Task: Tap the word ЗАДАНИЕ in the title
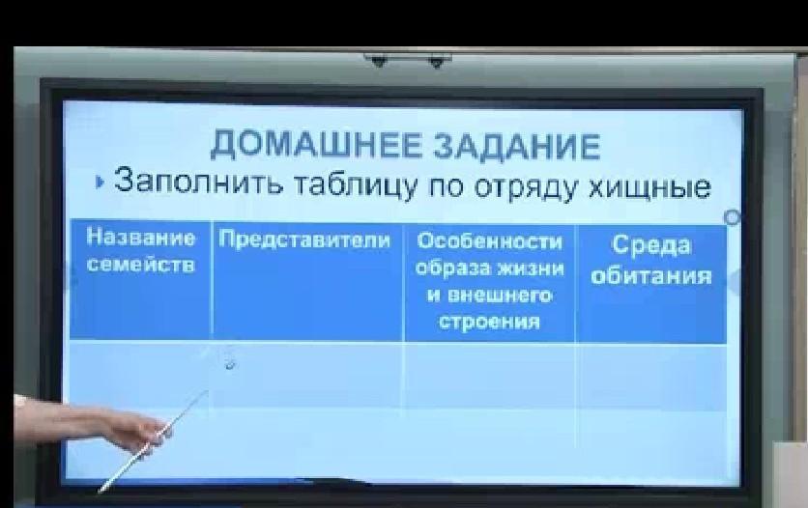tap(517, 146)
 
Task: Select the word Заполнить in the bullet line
tap(198, 182)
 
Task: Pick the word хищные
tap(649, 186)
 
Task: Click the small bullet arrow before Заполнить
tap(100, 183)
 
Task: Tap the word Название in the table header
tap(141, 238)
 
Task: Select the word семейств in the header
tap(141, 265)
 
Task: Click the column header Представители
tap(304, 240)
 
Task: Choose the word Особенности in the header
tap(490, 241)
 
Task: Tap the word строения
tap(490, 323)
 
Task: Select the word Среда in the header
tap(650, 245)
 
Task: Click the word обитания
tap(651, 276)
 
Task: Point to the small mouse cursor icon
tap(230, 365)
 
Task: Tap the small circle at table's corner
tap(732, 217)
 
